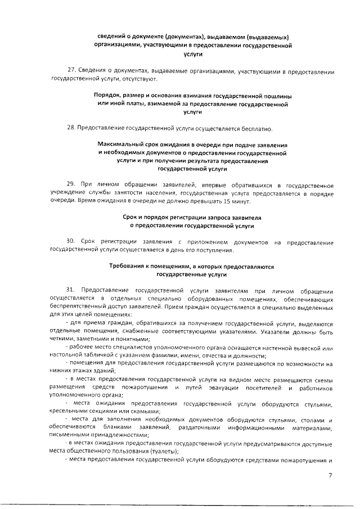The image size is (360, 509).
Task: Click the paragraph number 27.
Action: pyautogui.click(x=71, y=72)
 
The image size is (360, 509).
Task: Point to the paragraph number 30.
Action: pyautogui.click(x=71, y=242)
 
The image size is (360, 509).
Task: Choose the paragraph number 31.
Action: pyautogui.click(x=71, y=291)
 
